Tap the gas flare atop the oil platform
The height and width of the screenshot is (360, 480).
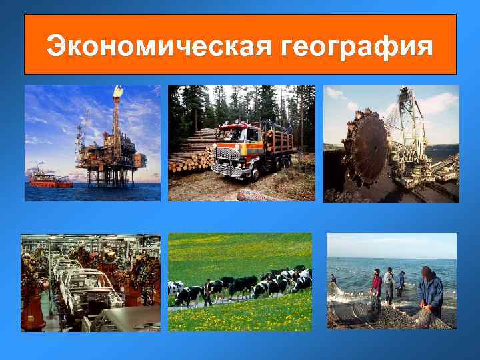point(118,92)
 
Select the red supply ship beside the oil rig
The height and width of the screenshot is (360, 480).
point(50,179)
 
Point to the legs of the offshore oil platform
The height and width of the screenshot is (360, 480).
point(110,176)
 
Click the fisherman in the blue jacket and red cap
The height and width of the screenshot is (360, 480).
point(430,290)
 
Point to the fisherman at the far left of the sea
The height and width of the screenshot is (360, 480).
point(333,279)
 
